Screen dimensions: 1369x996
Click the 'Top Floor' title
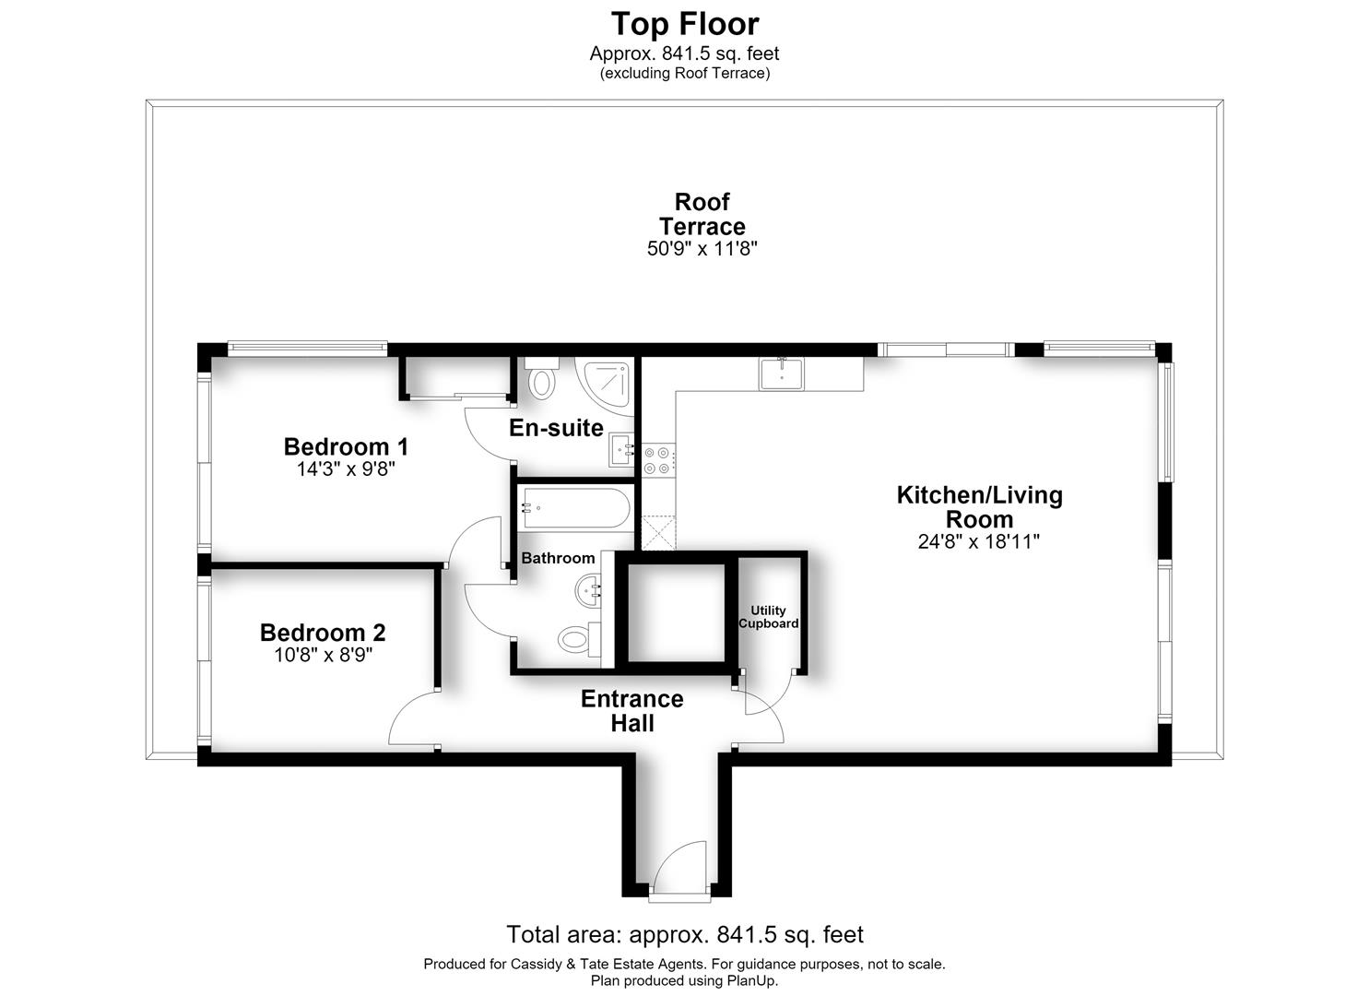click(x=684, y=25)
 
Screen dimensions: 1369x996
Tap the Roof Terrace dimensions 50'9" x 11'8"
click(x=702, y=249)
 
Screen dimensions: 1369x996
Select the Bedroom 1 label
click(x=346, y=446)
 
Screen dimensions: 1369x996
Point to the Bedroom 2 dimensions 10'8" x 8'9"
click(x=324, y=655)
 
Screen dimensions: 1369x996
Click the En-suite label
click(x=556, y=427)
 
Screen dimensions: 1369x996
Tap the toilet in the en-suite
click(x=541, y=378)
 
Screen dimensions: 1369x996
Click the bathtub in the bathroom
click(x=574, y=507)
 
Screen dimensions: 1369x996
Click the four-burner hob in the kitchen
click(x=658, y=460)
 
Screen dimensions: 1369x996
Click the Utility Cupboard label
click(x=768, y=616)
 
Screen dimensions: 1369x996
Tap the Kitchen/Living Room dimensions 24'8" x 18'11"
click(x=978, y=541)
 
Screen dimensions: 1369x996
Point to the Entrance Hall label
click(x=631, y=710)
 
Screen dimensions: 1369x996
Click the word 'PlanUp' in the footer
click(x=751, y=980)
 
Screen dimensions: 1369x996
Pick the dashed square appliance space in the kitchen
click(x=658, y=532)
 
